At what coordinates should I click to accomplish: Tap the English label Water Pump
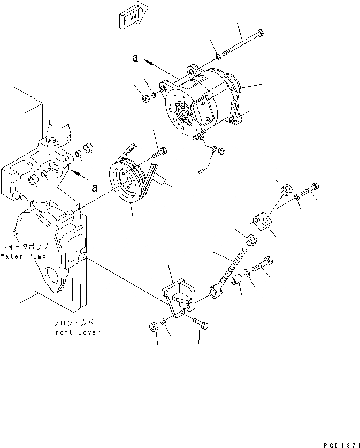click(x=24, y=256)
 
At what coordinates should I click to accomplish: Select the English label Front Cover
click(x=75, y=332)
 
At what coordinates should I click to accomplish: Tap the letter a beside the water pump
click(x=94, y=187)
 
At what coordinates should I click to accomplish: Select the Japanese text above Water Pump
click(x=25, y=247)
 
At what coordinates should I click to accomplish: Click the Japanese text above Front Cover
click(x=75, y=323)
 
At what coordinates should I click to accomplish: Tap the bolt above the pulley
click(x=158, y=153)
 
